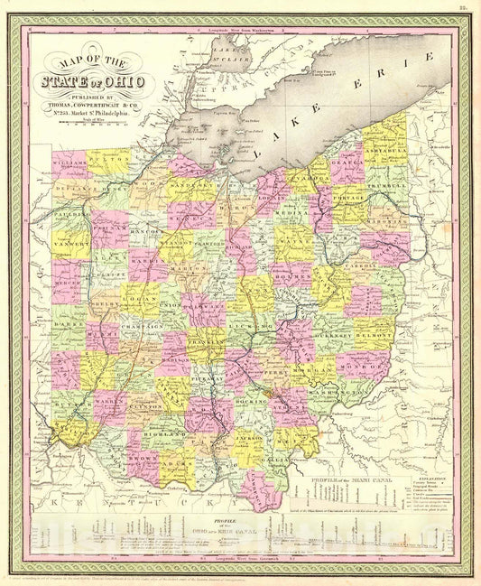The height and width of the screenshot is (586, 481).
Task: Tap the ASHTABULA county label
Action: point(384,151)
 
